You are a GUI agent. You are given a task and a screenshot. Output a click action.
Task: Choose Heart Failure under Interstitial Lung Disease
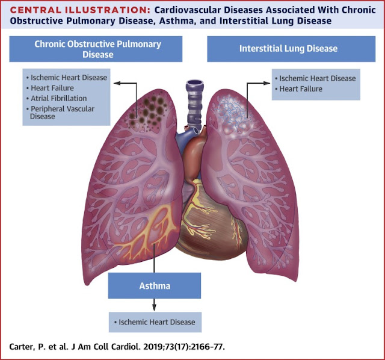301,89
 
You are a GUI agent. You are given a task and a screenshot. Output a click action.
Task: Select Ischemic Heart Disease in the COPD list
68,78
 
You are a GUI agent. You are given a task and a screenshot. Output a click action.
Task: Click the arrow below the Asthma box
154,305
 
